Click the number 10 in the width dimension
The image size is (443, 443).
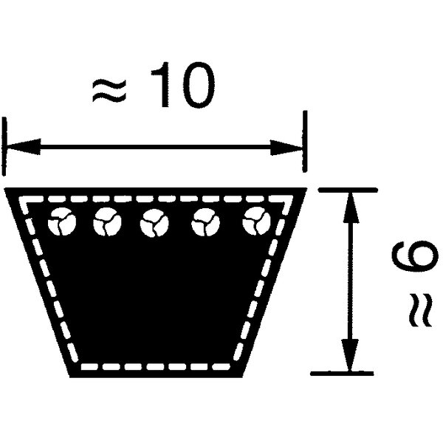183,84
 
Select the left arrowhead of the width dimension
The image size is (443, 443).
23,147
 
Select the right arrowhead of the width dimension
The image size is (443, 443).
286,148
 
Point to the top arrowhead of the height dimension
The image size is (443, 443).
351,207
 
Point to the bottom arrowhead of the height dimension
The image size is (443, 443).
350,355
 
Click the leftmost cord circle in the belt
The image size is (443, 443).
62,221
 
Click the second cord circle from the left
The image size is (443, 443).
107,221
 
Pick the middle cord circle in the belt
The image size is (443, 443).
154,223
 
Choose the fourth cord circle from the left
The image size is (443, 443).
205,222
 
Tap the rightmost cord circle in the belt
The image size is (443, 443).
256,221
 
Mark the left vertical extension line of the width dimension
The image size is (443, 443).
4,146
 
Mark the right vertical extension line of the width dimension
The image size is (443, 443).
304,141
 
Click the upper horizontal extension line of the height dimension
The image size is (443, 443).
348,190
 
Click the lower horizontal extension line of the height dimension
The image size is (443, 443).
342,374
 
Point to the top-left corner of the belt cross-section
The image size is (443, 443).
5,188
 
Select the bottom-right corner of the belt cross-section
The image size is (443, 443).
242,377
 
